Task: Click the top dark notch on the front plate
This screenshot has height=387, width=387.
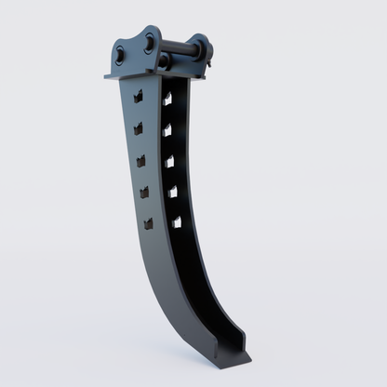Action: click(x=138, y=95)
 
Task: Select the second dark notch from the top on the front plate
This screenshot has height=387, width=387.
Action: click(x=139, y=127)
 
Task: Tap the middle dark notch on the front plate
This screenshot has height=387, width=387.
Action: click(x=141, y=160)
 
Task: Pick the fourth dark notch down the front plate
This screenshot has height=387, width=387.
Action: click(x=144, y=193)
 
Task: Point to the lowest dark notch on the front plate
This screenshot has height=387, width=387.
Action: click(x=148, y=223)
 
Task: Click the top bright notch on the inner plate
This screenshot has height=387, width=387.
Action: click(x=167, y=98)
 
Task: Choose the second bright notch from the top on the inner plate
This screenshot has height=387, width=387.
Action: click(x=167, y=130)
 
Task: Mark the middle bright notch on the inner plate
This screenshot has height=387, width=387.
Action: click(x=169, y=162)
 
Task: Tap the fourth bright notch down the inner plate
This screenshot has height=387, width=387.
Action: click(x=172, y=193)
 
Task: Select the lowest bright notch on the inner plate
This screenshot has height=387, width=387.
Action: click(x=176, y=222)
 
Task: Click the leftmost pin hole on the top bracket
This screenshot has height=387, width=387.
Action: click(x=119, y=52)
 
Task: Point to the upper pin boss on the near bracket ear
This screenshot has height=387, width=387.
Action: click(x=149, y=41)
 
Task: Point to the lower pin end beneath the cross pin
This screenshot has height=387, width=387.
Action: click(x=165, y=62)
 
